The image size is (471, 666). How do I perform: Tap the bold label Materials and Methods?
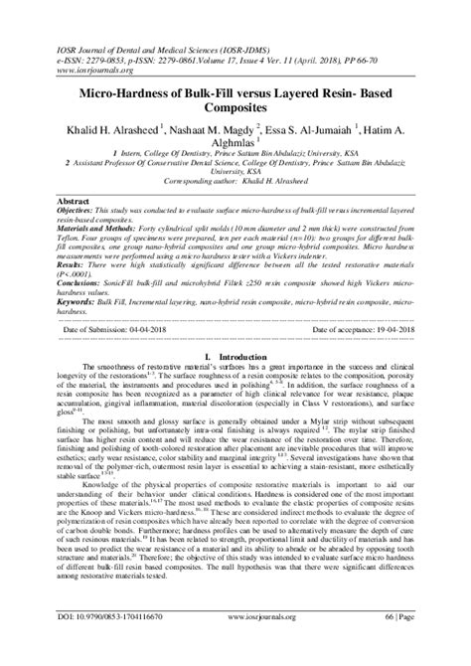[x=86, y=228]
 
